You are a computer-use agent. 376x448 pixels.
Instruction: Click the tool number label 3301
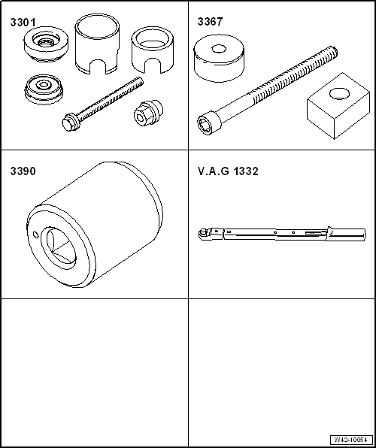[23, 23]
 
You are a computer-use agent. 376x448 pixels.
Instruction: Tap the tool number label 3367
[210, 22]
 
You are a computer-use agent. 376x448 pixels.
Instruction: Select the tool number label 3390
[23, 171]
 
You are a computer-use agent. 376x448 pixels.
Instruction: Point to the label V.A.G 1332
[228, 171]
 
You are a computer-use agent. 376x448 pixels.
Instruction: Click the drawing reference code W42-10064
[351, 439]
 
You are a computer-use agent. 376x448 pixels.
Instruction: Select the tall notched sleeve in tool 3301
[97, 44]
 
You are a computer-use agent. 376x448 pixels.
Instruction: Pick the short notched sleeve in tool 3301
[153, 53]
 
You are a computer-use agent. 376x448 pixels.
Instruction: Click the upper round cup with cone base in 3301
[46, 44]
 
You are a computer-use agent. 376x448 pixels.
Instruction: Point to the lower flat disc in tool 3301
[44, 89]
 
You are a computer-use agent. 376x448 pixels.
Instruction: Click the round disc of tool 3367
[219, 58]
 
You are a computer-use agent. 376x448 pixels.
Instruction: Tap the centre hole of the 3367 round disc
[219, 49]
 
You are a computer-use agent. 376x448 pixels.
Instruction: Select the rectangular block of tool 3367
[338, 106]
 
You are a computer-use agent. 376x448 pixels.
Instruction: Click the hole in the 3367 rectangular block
[339, 94]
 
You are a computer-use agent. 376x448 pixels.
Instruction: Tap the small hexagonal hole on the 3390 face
[35, 235]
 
